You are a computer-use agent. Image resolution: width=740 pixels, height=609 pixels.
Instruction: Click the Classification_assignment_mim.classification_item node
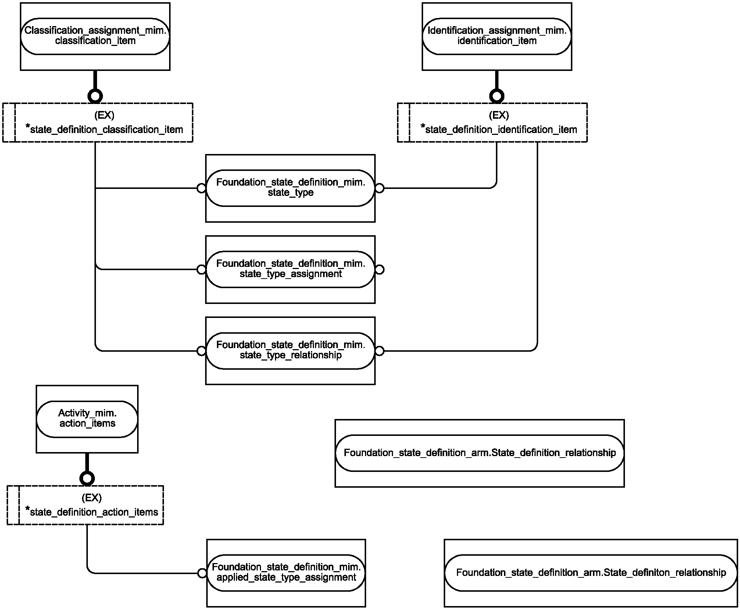(95, 36)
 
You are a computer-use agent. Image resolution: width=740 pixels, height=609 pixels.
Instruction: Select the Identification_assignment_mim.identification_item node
(497, 36)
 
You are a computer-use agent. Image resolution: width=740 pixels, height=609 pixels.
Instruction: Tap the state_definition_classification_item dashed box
(98, 122)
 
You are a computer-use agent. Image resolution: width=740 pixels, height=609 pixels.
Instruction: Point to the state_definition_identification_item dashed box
(492, 122)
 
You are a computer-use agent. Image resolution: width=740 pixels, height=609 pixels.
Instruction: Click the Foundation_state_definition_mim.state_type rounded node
(290, 188)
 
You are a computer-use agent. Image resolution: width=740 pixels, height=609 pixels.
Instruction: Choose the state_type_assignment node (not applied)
(290, 269)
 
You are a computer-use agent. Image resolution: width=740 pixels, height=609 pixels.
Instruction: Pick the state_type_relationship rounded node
(290, 351)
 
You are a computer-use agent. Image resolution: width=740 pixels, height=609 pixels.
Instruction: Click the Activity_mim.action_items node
(87, 419)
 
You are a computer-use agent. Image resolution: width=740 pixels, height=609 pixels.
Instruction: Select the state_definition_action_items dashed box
(85, 505)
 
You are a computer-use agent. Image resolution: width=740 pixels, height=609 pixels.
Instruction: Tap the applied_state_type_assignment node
(286, 573)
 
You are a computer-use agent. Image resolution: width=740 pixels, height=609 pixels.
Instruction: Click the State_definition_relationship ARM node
(480, 453)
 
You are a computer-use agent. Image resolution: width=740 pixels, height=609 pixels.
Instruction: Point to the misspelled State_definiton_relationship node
(591, 573)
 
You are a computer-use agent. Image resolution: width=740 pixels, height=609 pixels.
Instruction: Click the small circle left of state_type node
(201, 188)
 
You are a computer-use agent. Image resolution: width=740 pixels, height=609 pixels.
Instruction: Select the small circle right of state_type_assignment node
(379, 269)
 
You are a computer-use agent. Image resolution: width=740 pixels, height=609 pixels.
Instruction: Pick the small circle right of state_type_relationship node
(379, 351)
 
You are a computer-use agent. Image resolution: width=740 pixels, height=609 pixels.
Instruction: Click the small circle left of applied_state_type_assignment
(202, 573)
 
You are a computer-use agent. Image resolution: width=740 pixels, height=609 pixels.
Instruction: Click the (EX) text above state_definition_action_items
(92, 498)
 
